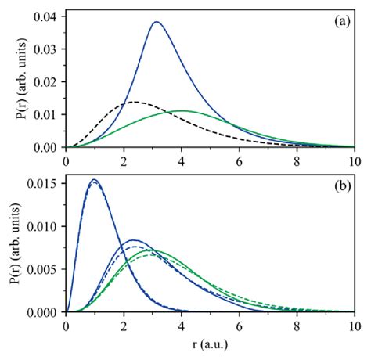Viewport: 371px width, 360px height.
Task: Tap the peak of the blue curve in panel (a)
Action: (157, 22)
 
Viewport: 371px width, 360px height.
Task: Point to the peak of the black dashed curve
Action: (135, 102)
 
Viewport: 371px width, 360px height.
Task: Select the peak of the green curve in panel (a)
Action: (183, 110)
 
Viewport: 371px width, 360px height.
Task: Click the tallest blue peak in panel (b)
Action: (95, 180)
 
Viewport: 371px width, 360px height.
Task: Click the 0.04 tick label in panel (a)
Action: (44, 15)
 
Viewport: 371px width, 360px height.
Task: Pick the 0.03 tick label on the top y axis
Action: (44, 49)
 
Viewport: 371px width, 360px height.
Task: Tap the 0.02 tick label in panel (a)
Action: (44, 81)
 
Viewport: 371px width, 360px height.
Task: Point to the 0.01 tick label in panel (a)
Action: (44, 114)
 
